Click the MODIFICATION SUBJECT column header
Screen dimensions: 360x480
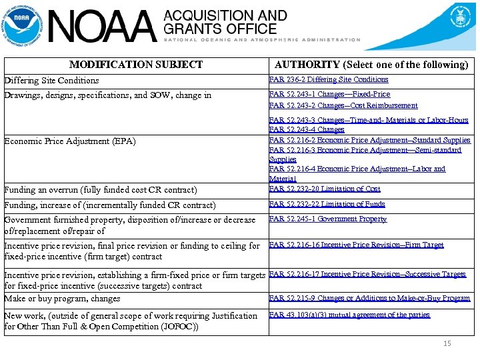click(136, 65)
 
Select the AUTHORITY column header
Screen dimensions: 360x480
click(371, 65)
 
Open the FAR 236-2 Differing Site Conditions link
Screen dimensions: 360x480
click(328, 79)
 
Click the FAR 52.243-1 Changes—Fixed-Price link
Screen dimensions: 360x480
click(329, 95)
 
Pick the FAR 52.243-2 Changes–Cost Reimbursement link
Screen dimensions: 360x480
click(343, 105)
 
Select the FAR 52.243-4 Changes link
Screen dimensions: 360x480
click(306, 129)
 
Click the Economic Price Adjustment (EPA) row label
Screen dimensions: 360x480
click(69, 141)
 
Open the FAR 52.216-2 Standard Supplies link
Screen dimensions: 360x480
click(369, 140)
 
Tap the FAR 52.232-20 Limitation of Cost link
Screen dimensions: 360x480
click(324, 189)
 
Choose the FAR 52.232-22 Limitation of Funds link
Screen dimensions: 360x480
click(327, 205)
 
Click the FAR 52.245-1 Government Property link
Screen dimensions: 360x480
click(327, 219)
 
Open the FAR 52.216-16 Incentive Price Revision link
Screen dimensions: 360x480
click(355, 245)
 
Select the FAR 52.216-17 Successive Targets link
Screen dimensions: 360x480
click(367, 274)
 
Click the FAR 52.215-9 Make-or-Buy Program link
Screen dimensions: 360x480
click(369, 298)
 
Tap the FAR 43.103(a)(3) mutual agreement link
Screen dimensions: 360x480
click(349, 315)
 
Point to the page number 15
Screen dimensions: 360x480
click(447, 343)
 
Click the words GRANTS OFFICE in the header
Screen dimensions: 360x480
click(220, 29)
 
